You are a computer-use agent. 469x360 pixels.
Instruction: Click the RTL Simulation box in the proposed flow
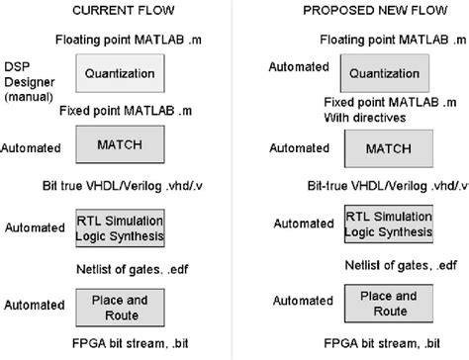coord(385,225)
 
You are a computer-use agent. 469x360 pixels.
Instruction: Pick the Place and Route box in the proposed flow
coord(385,303)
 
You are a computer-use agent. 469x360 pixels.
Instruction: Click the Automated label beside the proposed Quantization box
coord(299,67)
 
